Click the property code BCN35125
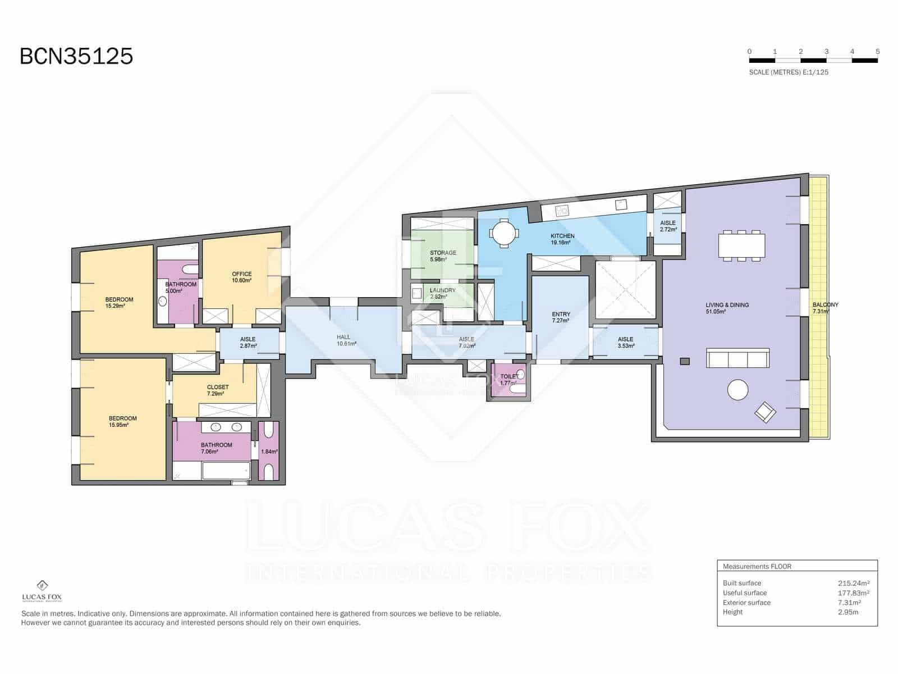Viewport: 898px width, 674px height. [x=76, y=56]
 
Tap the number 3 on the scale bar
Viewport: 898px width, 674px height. [x=826, y=51]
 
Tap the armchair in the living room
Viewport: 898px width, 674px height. [x=765, y=413]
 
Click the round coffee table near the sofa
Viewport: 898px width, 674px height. [x=737, y=389]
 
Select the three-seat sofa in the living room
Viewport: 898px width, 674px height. [x=737, y=358]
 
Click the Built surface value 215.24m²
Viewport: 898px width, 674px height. [x=853, y=583]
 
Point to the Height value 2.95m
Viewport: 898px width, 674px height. [x=847, y=612]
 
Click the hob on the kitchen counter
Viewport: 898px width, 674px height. [x=562, y=211]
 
